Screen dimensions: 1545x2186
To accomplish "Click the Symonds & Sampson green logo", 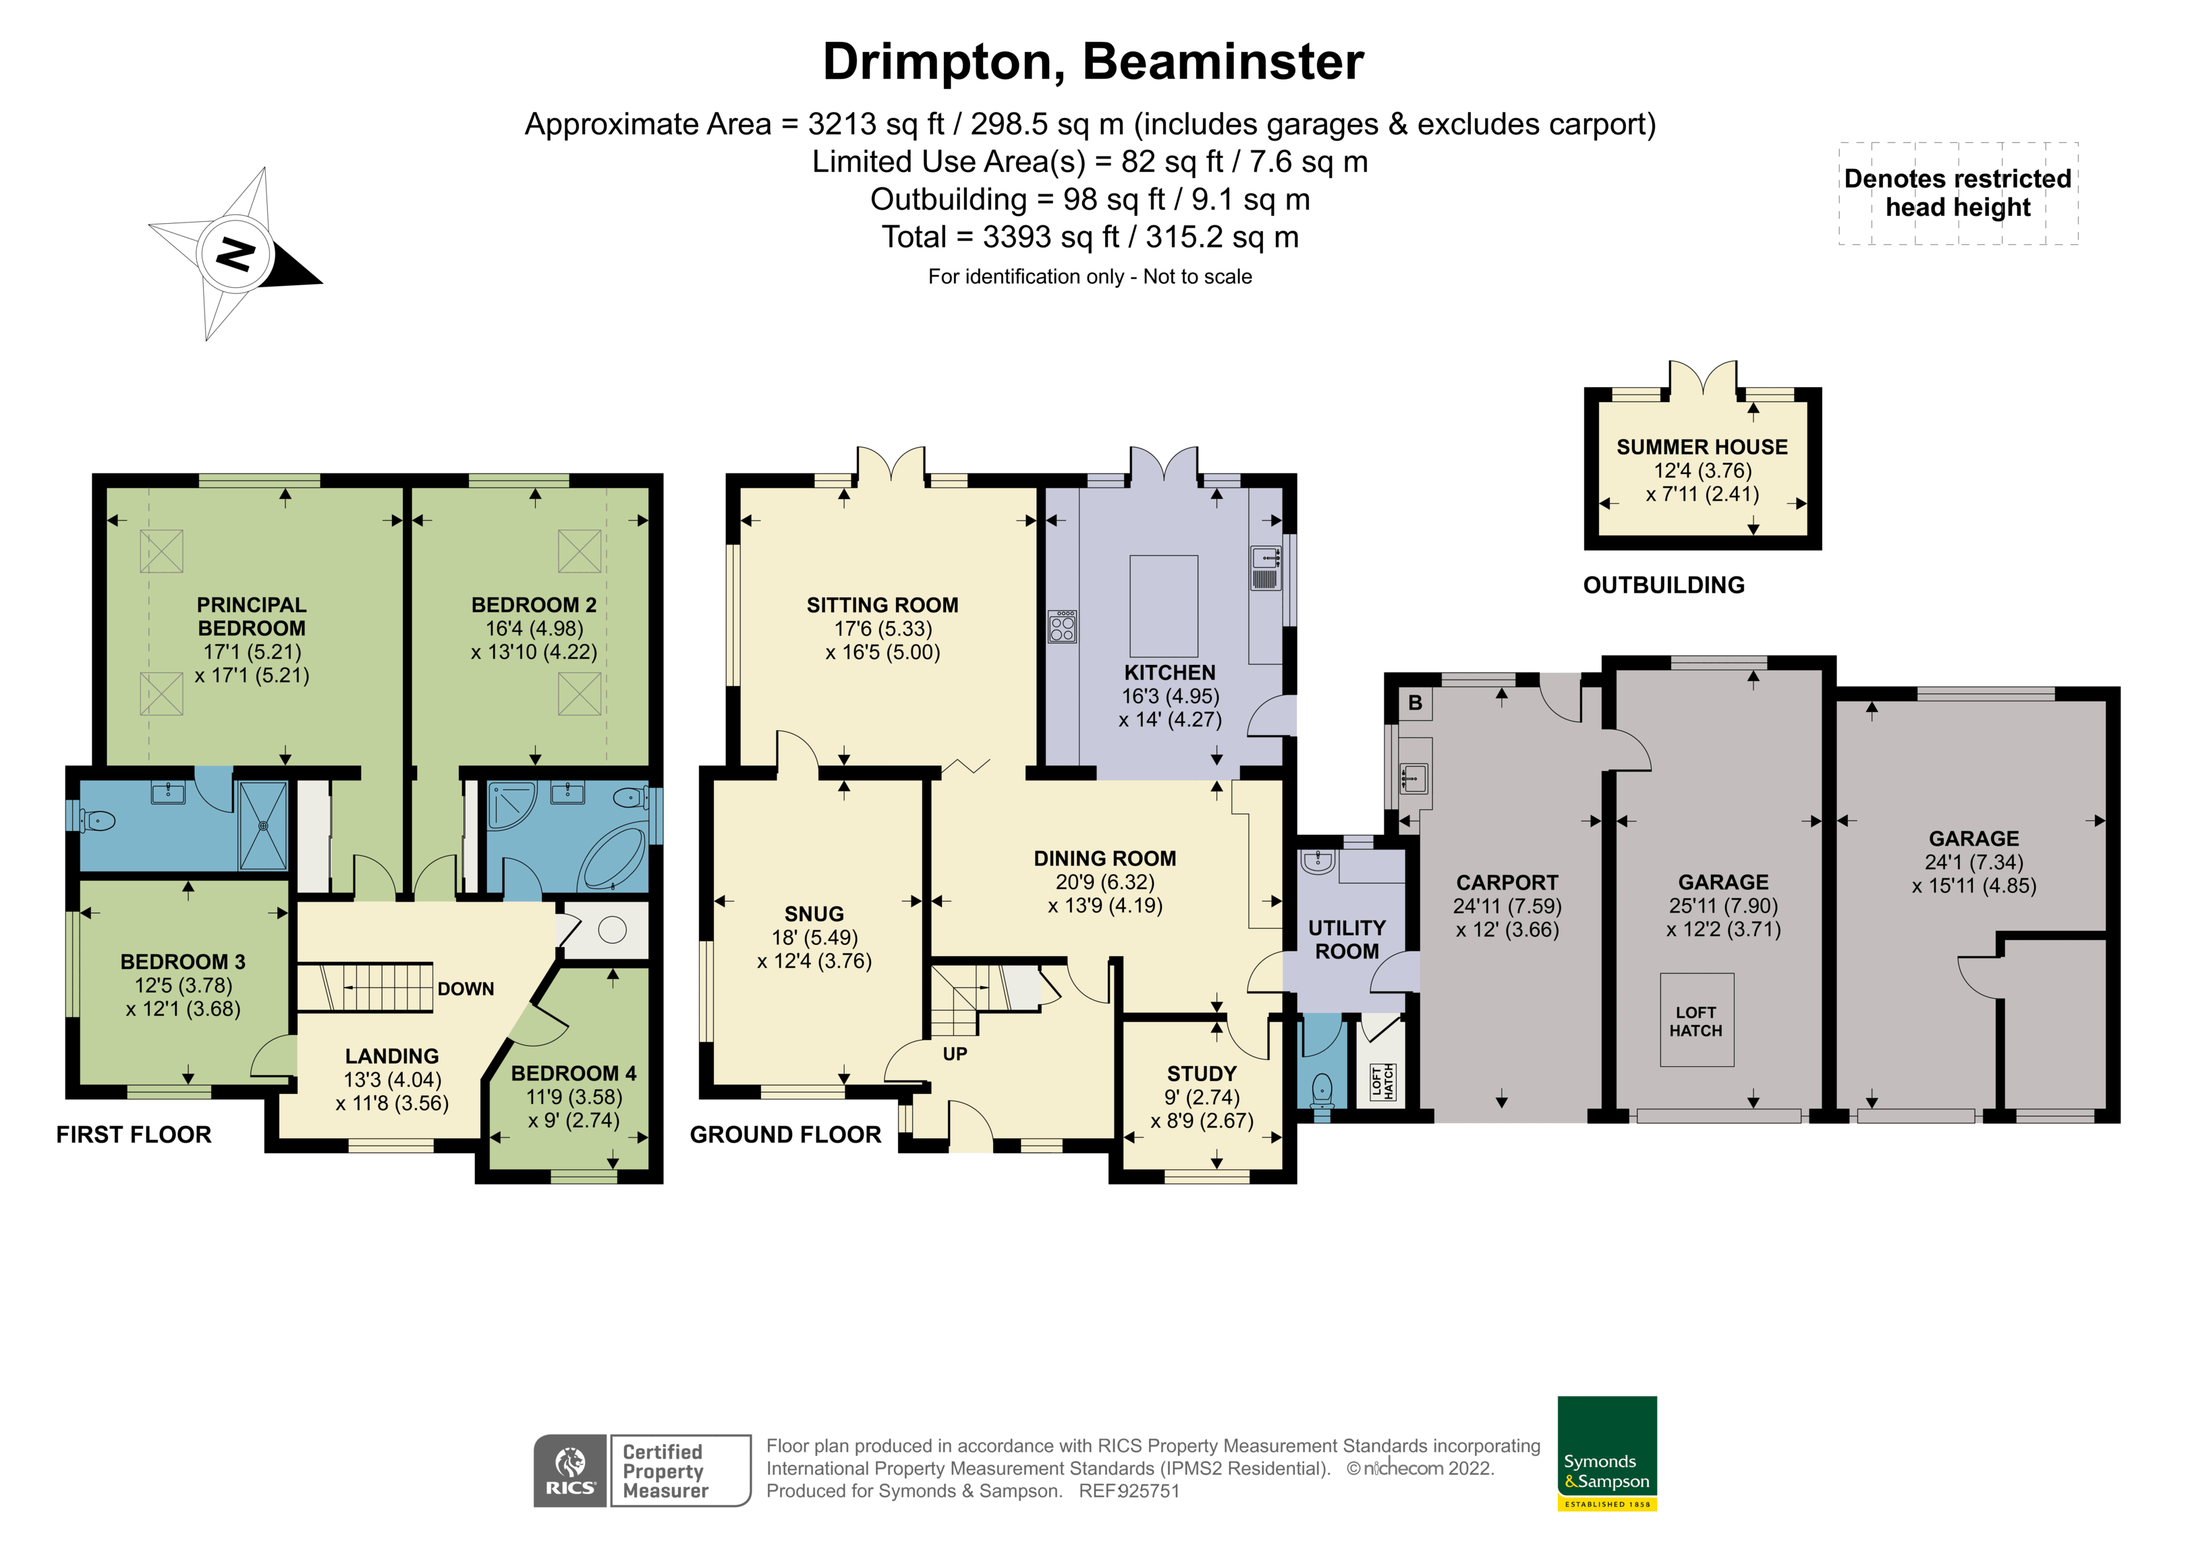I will tap(1606, 1452).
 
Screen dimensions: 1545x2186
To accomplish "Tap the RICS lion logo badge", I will tap(569, 1471).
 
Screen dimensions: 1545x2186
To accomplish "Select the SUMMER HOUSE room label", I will tap(1702, 446).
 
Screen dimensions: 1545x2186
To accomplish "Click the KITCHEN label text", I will tap(1169, 672).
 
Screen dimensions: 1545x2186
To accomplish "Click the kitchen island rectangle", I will tap(1163, 606).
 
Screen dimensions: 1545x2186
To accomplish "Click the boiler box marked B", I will tap(1415, 703).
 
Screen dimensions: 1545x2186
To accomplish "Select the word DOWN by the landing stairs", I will tap(466, 989).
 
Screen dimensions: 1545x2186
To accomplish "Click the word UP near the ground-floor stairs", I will tap(954, 1054).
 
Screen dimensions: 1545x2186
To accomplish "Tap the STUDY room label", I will tap(1202, 1073).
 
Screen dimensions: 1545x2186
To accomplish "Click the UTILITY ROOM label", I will tap(1346, 939).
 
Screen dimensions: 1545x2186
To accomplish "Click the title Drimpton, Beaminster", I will tap(1092, 62).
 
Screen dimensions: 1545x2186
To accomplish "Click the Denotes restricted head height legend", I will tap(1957, 194).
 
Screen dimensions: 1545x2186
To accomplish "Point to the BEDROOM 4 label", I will tap(573, 1073).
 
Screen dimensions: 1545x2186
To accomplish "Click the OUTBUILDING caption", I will tap(1663, 585).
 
